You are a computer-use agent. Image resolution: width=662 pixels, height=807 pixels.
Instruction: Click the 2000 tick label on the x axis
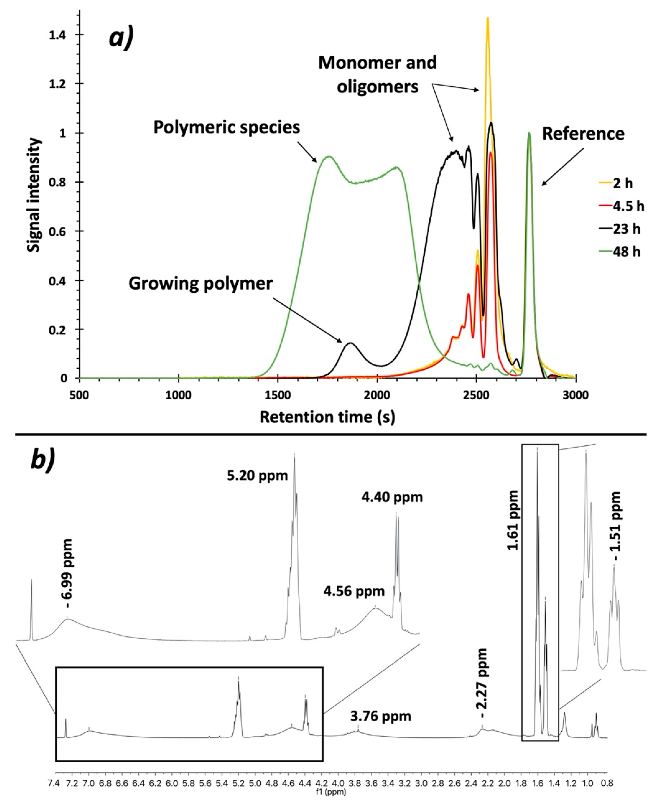[x=377, y=395]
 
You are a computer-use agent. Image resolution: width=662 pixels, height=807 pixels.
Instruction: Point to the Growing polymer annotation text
[x=201, y=284]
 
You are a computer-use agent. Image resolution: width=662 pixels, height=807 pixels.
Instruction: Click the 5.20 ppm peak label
[x=257, y=476]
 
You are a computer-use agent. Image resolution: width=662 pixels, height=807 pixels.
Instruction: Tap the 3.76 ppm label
[x=380, y=717]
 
